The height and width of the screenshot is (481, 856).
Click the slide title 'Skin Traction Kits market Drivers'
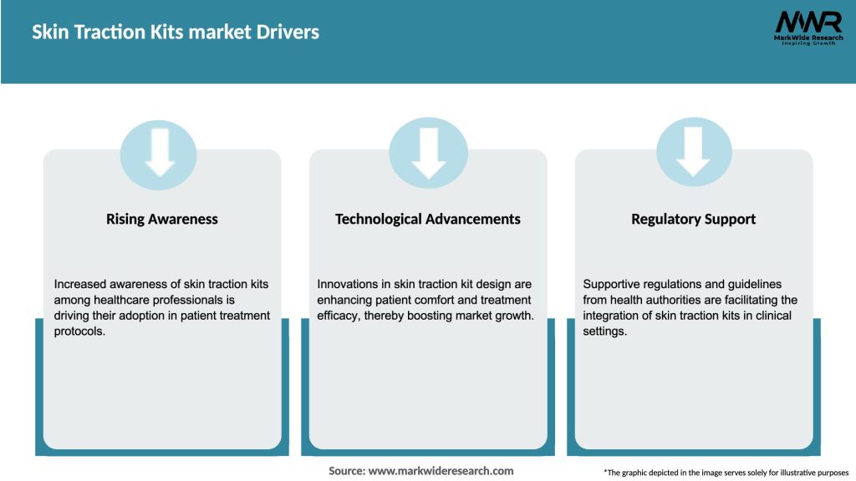pos(176,33)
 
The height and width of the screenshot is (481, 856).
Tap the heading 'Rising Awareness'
pos(162,219)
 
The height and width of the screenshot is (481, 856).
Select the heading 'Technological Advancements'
pos(427,219)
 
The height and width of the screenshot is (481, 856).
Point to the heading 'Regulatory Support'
pos(693,219)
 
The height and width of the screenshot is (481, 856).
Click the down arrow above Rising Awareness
pos(159,154)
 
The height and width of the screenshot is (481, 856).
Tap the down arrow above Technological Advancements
pos(428,154)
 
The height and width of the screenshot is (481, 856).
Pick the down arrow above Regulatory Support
pos(694,154)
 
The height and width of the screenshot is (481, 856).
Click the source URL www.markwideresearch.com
pos(441,471)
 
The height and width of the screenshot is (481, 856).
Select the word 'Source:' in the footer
pos(347,471)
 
